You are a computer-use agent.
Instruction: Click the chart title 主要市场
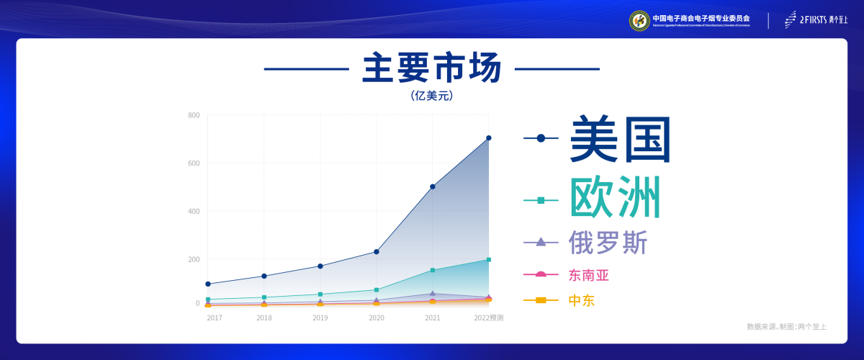[x=431, y=69]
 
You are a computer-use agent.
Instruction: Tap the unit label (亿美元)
[x=431, y=95]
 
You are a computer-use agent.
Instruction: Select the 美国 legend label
[x=620, y=139]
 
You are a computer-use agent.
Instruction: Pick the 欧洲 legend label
[x=615, y=198]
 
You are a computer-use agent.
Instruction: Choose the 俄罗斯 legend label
[x=608, y=242]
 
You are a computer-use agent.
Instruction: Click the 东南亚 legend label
[x=593, y=275]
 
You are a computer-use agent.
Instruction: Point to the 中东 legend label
[x=582, y=300]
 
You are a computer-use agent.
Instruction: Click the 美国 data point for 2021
[x=433, y=186]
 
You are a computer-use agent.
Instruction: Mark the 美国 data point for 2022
[x=489, y=138]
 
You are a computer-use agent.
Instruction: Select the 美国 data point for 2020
[x=377, y=252]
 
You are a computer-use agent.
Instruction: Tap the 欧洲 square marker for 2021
[x=433, y=270]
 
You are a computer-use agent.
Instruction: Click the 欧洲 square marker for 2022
[x=489, y=260]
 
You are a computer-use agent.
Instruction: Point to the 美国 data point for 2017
[x=208, y=284]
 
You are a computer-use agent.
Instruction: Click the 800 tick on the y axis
[x=194, y=115]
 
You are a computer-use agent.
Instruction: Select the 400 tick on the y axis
[x=194, y=211]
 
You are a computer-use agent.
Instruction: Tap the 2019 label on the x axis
[x=320, y=318]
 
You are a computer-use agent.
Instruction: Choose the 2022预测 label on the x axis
[x=489, y=318]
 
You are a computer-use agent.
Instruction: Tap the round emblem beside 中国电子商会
[x=639, y=20]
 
